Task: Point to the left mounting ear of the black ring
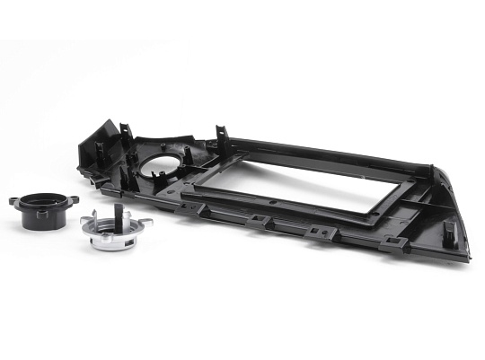point(14,201)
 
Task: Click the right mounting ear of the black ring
point(73,199)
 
